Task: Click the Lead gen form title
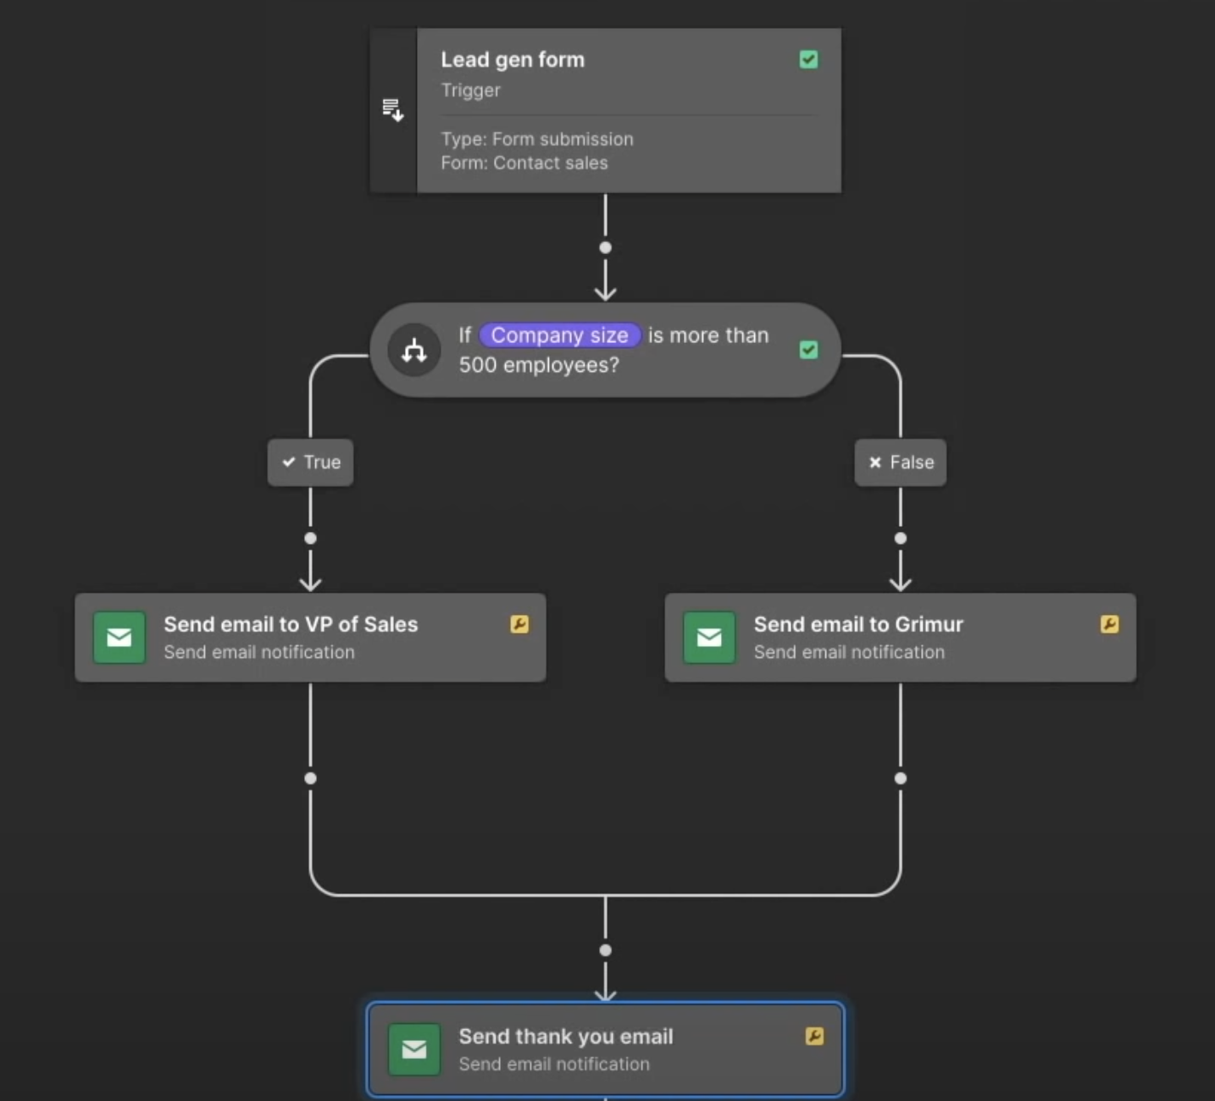[x=512, y=60]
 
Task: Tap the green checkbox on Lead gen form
[x=808, y=59]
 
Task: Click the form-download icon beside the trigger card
[x=392, y=110]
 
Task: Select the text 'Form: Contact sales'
[x=524, y=163]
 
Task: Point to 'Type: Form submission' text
[x=536, y=139]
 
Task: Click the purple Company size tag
[x=559, y=335]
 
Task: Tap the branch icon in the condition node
[x=413, y=350]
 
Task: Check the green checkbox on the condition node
[x=808, y=350]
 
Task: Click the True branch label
[x=310, y=462]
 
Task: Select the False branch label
[x=900, y=462]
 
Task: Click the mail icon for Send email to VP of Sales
[x=119, y=638]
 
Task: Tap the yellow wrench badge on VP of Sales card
[x=519, y=624]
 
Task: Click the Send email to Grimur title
[x=857, y=624]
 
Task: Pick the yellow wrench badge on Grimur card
[x=1109, y=624]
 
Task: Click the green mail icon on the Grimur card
[x=709, y=638]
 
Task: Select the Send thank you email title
[x=565, y=1036]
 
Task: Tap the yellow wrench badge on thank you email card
[x=814, y=1036]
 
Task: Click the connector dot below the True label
[x=310, y=539]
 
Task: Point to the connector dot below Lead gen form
[x=605, y=248]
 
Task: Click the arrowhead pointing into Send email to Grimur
[x=900, y=584]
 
